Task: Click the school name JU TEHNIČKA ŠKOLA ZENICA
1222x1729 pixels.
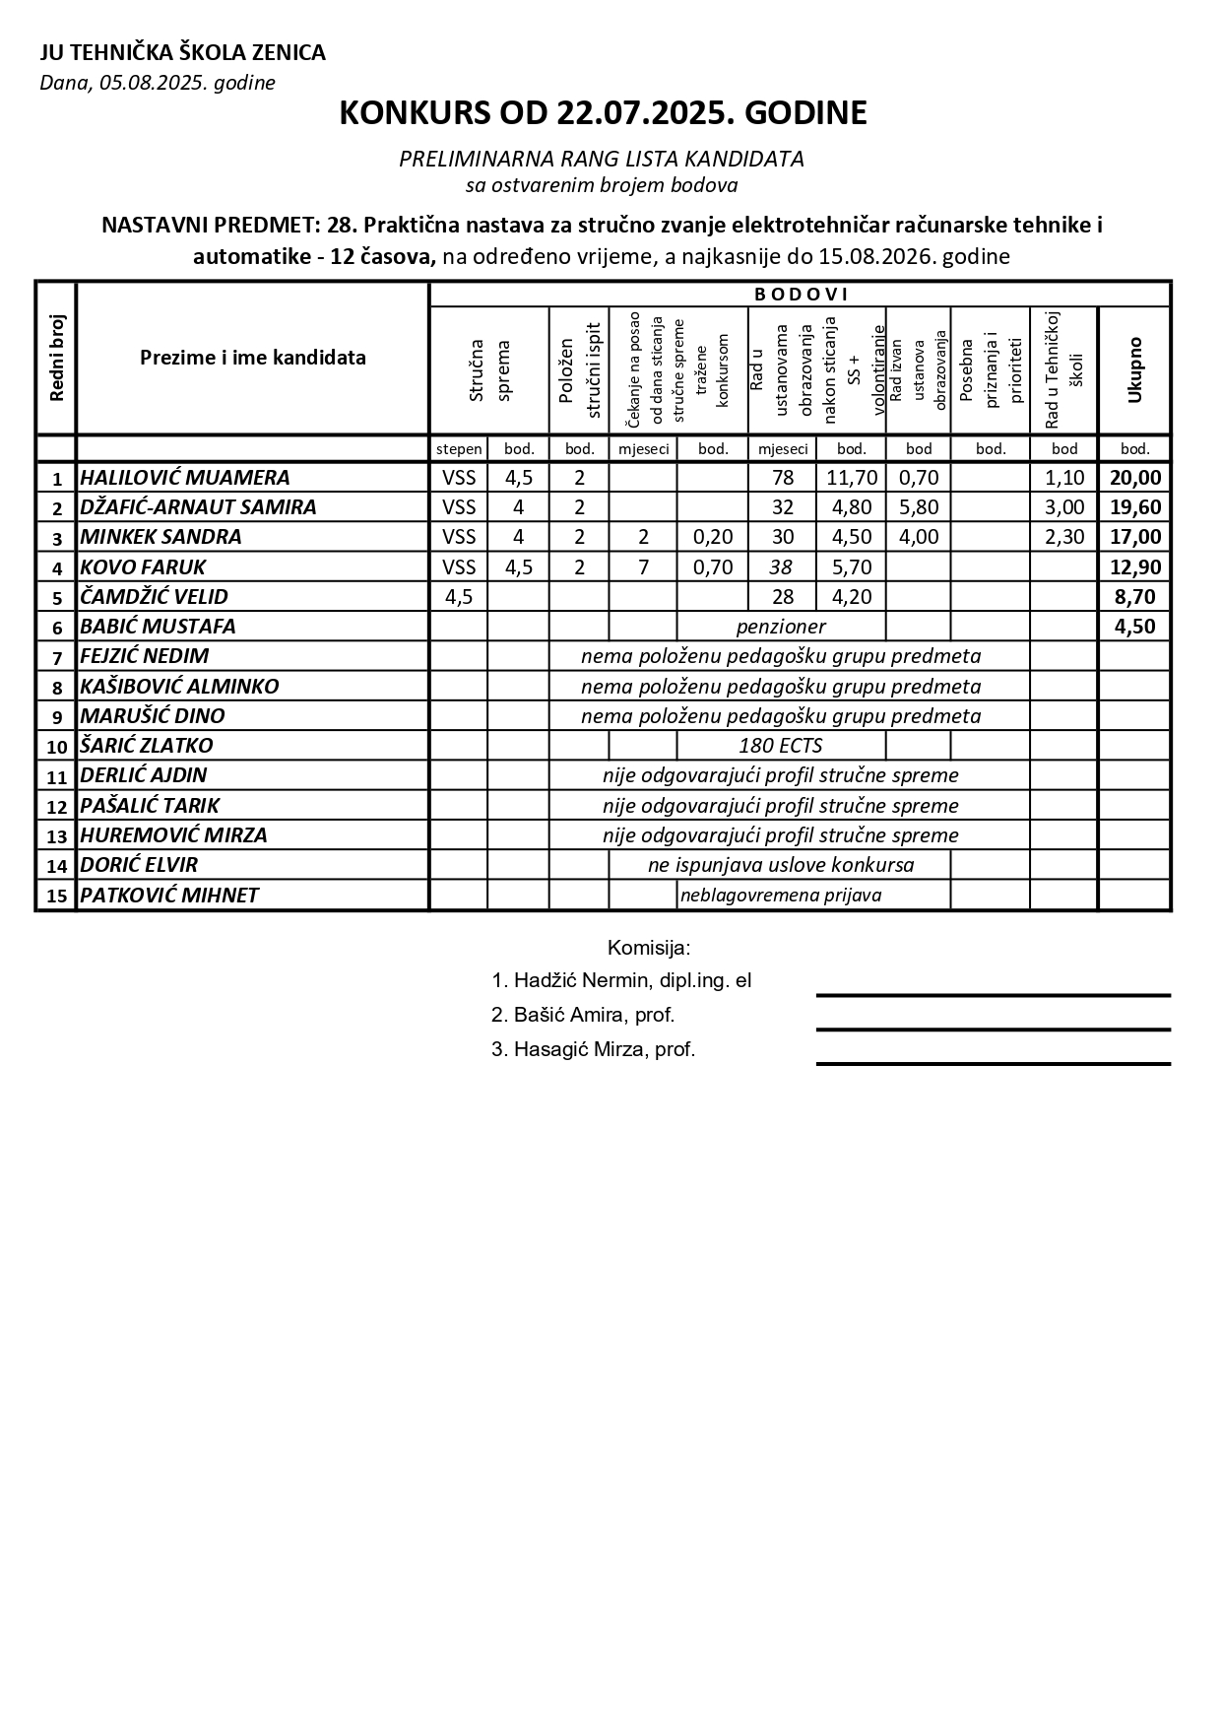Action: click(182, 53)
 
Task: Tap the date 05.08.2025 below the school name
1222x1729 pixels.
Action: click(158, 83)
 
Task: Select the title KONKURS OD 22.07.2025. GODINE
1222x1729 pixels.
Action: click(603, 113)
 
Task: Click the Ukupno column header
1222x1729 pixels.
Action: click(1134, 369)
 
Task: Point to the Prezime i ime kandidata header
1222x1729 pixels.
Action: click(252, 358)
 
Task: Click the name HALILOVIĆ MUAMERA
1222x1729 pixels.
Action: click(185, 478)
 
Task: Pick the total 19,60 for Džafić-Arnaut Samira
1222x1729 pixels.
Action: click(1134, 507)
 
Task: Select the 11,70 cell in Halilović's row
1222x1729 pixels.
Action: click(851, 478)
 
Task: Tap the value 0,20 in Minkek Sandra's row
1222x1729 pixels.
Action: click(712, 537)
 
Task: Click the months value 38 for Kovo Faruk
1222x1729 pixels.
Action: click(782, 566)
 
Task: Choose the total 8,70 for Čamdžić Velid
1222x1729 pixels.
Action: click(1134, 596)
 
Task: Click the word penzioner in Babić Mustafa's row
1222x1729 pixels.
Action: click(781, 627)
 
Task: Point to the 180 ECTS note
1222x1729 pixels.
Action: click(781, 746)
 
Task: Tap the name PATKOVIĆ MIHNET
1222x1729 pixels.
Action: click(169, 896)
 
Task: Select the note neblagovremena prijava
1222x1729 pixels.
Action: click(781, 896)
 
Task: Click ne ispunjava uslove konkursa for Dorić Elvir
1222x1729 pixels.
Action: click(781, 865)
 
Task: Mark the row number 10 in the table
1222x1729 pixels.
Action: click(56, 747)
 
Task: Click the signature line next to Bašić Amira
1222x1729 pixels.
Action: click(993, 1030)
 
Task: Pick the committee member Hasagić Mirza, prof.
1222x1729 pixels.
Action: click(594, 1049)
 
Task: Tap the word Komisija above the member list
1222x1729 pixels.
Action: click(649, 949)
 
